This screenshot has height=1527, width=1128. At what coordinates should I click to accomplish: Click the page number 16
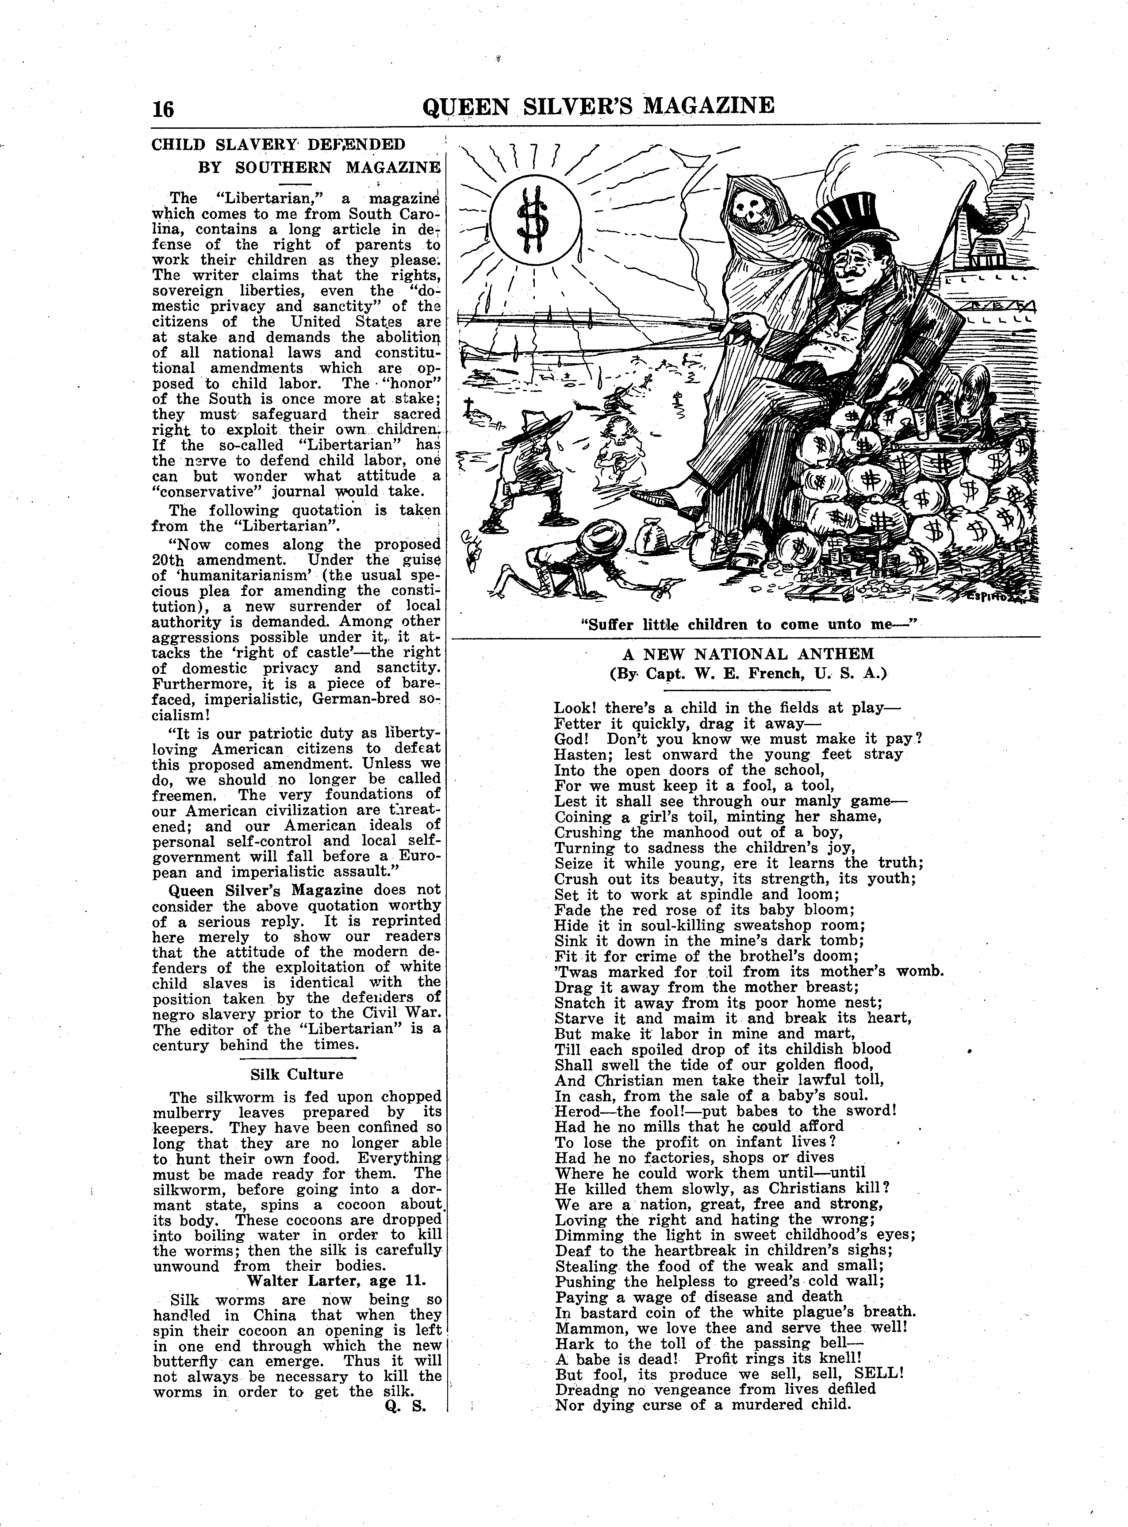pyautogui.click(x=164, y=109)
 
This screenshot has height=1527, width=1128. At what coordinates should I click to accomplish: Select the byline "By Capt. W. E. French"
pyautogui.click(x=748, y=673)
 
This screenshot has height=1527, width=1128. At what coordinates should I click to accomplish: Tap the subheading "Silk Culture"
pyautogui.click(x=296, y=1074)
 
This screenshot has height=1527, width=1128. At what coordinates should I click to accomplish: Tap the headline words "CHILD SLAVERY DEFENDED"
pyautogui.click(x=278, y=145)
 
